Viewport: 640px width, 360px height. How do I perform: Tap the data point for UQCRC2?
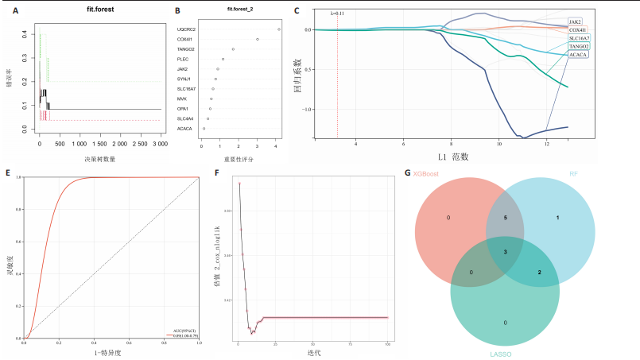click(279, 29)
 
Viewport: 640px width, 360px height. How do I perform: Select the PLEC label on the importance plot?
click(180, 59)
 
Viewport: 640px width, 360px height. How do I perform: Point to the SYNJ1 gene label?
click(182, 79)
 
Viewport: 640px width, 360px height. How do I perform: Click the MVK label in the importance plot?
click(180, 99)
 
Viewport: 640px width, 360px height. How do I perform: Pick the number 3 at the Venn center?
click(505, 250)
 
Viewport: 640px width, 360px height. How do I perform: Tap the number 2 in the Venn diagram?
click(540, 273)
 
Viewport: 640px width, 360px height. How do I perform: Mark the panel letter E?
click(8, 171)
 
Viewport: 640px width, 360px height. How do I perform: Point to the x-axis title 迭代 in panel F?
click(312, 352)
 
